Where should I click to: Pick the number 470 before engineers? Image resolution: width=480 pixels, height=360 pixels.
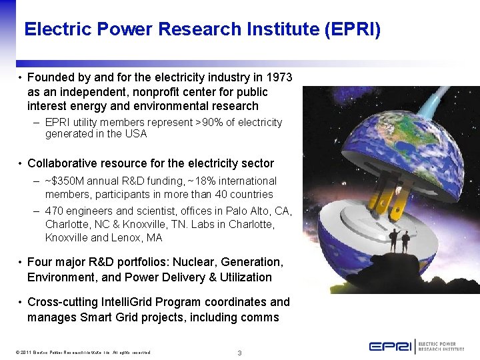click(54, 211)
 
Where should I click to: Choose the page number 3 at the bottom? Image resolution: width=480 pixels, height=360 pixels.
click(239, 352)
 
